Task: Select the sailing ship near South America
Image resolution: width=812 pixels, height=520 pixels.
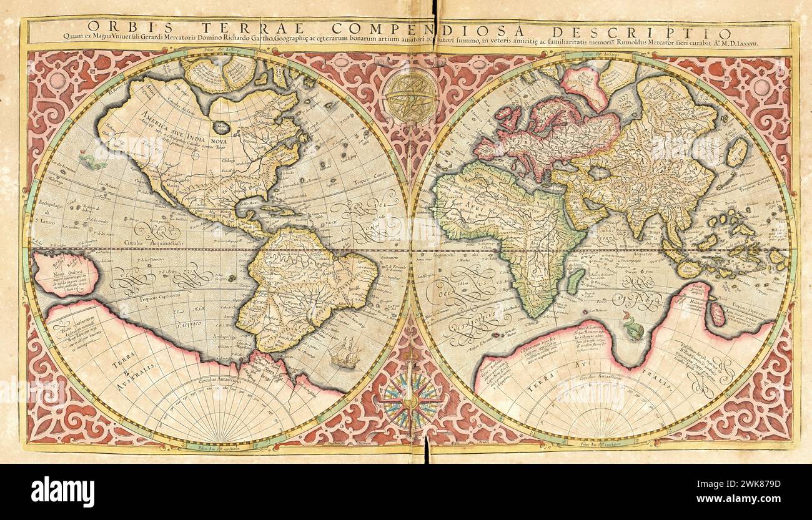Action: coord(344,353)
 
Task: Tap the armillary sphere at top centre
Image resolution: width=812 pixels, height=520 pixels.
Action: coord(410,96)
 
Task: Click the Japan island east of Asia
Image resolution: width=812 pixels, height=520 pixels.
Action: coord(738,152)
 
